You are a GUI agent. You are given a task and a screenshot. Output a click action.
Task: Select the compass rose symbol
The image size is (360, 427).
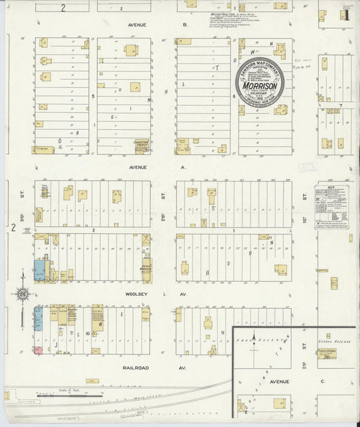[x=24, y=293]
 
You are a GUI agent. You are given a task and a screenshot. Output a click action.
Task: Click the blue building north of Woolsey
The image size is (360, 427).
[x=39, y=270]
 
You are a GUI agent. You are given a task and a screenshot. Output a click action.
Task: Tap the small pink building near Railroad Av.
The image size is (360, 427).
[x=38, y=350]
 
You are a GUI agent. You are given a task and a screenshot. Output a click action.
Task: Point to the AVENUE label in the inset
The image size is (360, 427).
[x=280, y=382]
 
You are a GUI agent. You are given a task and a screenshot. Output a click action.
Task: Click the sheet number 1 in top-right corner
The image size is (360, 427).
[x=348, y=13]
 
